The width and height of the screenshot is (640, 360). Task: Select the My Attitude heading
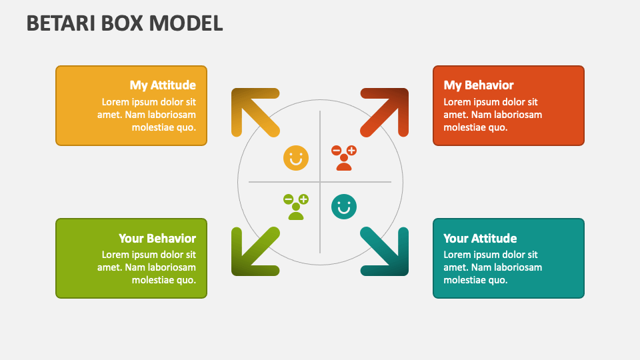tap(163, 85)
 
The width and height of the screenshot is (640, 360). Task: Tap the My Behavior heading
tap(479, 85)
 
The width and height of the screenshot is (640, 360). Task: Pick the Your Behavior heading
tap(157, 238)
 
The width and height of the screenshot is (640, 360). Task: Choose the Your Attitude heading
tap(480, 238)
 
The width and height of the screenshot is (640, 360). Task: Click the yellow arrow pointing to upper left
tap(254, 111)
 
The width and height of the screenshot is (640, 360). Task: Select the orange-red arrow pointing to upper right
tap(385, 111)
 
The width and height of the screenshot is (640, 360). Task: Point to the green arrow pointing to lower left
tap(254, 251)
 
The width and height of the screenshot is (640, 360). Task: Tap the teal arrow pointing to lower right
tap(385, 251)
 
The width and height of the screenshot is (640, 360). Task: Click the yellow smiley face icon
tap(296, 158)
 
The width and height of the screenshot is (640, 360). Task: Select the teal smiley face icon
tap(344, 207)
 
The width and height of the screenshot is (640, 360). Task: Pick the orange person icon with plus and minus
tap(344, 158)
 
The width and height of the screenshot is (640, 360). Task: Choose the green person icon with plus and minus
tap(296, 207)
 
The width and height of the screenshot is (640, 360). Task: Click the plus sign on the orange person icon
tap(351, 151)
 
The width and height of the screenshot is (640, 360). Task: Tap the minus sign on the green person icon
tap(288, 199)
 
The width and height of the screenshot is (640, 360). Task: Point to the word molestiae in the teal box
tap(466, 280)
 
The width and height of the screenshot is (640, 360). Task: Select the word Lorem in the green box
tap(115, 255)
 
